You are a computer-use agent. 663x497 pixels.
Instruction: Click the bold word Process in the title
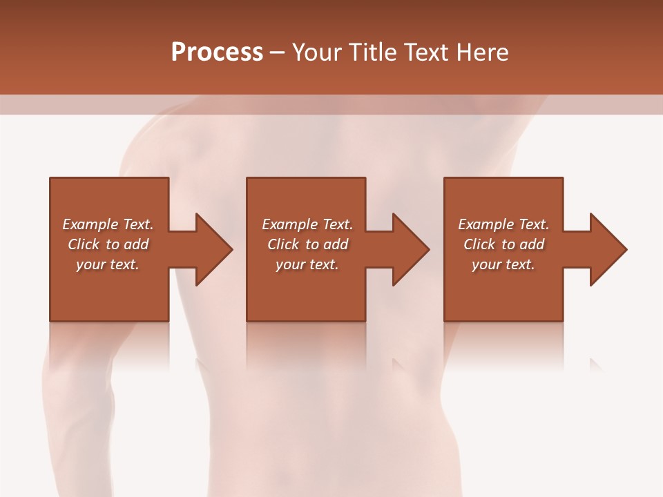tap(217, 52)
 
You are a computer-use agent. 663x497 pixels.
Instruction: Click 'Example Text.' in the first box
tap(108, 224)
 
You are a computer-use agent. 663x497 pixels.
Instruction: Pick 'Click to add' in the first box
tap(108, 244)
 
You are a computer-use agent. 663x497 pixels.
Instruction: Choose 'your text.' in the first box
tap(108, 264)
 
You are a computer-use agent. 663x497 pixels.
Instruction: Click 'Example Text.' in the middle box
tap(307, 224)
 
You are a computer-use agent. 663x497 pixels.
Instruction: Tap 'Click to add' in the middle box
tap(307, 244)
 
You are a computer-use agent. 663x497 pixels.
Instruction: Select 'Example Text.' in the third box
tap(503, 224)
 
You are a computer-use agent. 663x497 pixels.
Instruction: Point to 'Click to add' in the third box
tap(503, 244)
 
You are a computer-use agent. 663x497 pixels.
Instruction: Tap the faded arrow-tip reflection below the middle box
tap(398, 364)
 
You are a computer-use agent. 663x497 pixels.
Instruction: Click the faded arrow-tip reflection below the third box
tap(595, 364)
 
